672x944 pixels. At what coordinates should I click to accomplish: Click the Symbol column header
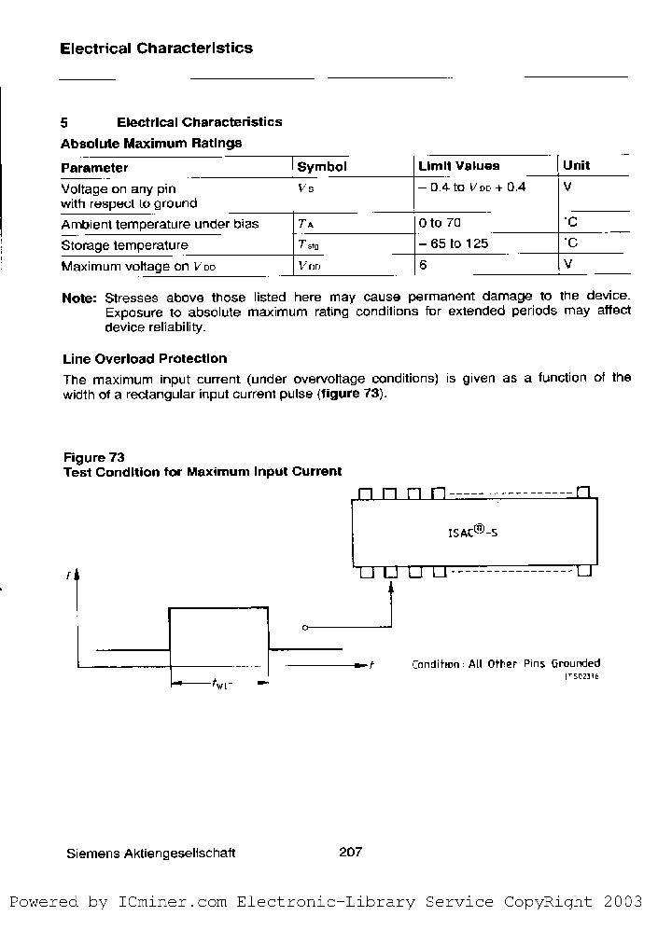pos(321,167)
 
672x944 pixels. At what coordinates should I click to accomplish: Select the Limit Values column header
pos(458,166)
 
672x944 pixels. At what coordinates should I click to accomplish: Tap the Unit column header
pos(576,166)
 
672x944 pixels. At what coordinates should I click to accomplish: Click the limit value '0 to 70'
pos(440,223)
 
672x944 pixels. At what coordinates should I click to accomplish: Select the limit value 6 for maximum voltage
pos(423,266)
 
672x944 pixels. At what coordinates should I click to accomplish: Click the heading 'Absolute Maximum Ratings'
pos(151,144)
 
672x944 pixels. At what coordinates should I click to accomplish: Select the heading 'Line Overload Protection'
pos(145,359)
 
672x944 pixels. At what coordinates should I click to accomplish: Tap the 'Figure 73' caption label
pos(93,457)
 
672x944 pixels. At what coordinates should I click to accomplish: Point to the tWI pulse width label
pos(221,685)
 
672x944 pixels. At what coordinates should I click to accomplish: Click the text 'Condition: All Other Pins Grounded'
pos(506,664)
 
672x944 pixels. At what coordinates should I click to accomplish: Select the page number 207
pos(350,852)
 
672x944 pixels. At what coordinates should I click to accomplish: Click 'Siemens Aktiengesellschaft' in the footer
pos(151,853)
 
